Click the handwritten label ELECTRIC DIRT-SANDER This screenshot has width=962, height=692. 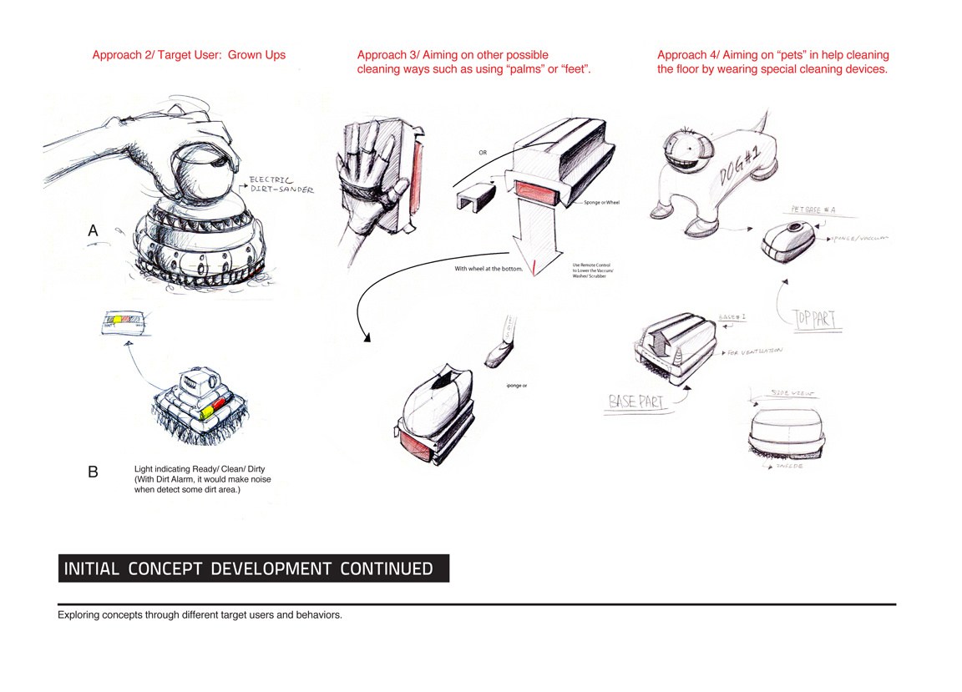pyautogui.click(x=281, y=184)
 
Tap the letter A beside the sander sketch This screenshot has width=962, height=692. pyautogui.click(x=93, y=231)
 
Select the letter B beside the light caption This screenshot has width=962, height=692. pyautogui.click(x=93, y=472)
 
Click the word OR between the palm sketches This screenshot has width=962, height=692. pyautogui.click(x=483, y=154)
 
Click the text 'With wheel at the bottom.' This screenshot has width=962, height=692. pyautogui.click(x=489, y=269)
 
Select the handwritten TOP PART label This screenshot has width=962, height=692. pyautogui.click(x=818, y=318)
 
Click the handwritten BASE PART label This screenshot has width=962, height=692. pyautogui.click(x=637, y=402)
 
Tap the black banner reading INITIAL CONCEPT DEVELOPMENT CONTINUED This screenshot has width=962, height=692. pyautogui.click(x=254, y=569)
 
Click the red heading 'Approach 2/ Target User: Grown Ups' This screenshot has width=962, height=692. pyautogui.click(x=189, y=55)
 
